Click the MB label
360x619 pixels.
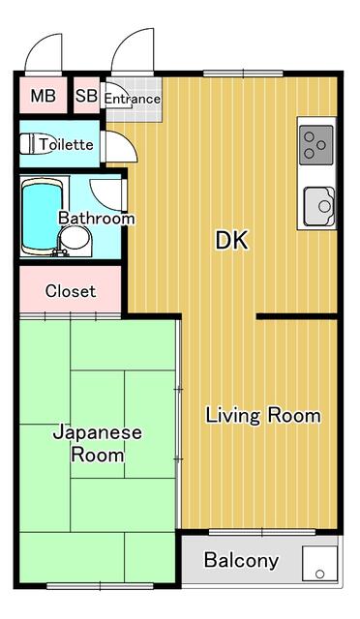[x=42, y=96]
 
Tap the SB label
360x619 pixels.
[x=85, y=96]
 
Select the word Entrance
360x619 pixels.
[x=132, y=99]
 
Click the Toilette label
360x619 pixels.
[x=67, y=145]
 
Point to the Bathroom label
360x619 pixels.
[x=96, y=219]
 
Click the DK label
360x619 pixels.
[x=231, y=241]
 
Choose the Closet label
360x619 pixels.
[x=71, y=290]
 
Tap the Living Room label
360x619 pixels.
[x=262, y=416]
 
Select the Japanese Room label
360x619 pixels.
[x=97, y=443]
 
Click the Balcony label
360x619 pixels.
[x=241, y=560]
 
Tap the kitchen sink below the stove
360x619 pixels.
[x=318, y=205]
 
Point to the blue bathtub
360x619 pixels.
[x=41, y=216]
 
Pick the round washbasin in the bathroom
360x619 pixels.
[x=77, y=243]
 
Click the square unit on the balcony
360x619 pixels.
[x=319, y=565]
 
